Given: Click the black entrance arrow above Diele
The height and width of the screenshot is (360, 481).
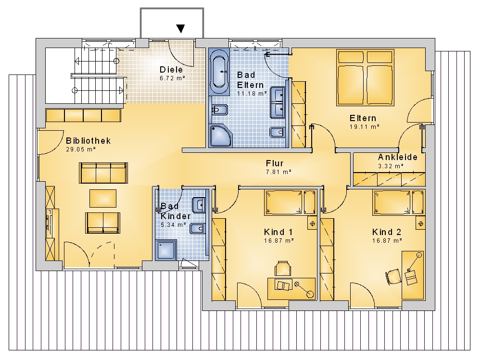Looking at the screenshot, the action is click(x=181, y=28).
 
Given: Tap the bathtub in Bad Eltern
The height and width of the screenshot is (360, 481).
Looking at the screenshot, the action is click(x=219, y=72).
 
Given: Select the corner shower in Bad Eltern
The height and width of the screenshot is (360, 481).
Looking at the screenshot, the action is click(x=221, y=135).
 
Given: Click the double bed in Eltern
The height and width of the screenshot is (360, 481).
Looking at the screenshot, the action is click(x=366, y=77).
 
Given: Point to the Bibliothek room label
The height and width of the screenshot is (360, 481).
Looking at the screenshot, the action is click(x=89, y=141).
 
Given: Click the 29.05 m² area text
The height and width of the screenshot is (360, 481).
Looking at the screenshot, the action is click(x=81, y=149).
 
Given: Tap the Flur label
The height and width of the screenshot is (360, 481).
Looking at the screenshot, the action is click(x=275, y=163).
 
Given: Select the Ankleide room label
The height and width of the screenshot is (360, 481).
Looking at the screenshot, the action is click(x=398, y=157).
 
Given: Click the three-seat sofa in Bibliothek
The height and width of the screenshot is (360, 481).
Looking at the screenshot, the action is click(x=103, y=173).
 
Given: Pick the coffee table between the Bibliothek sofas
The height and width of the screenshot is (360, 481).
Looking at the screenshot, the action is click(x=103, y=199).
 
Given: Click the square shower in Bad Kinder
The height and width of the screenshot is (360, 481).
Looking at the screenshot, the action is click(x=166, y=250).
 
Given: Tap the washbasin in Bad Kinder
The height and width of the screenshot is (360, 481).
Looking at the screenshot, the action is click(x=199, y=205).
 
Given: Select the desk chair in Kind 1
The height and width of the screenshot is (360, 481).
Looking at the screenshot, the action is click(x=282, y=269).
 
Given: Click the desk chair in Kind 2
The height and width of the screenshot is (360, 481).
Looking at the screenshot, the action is click(x=393, y=276).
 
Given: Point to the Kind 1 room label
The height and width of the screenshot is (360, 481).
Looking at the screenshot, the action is click(x=278, y=232).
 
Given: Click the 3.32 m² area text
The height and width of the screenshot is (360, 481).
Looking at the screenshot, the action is click(x=391, y=166).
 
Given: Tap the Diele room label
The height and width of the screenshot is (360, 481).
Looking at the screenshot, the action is click(x=171, y=70).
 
